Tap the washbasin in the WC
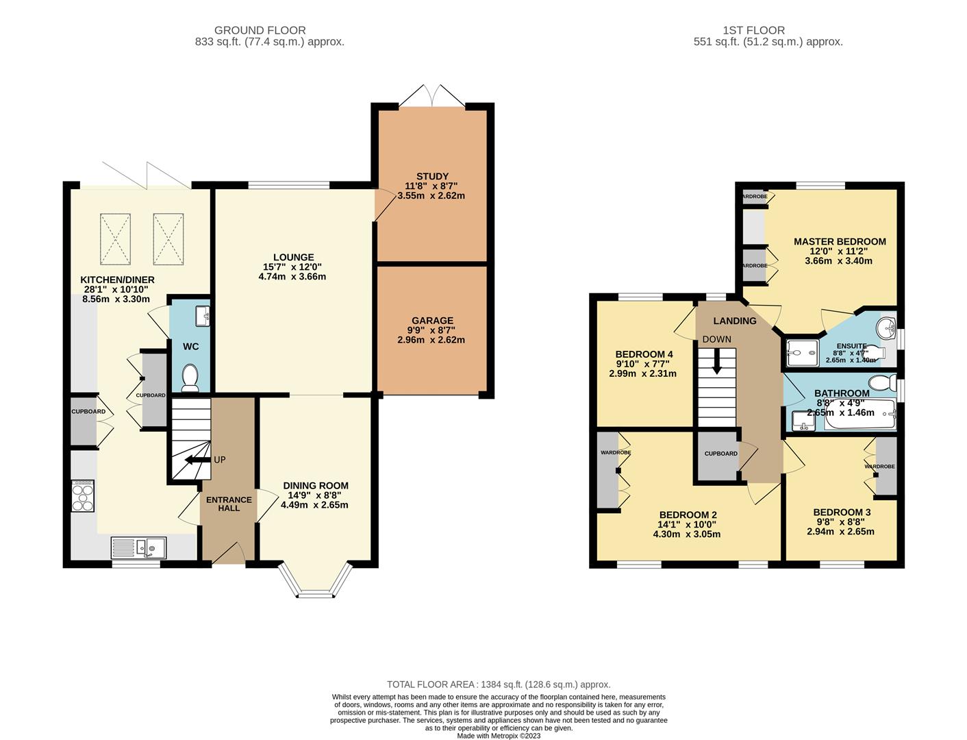click(x=203, y=316)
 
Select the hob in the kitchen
click(x=83, y=495)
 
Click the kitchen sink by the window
click(x=139, y=547)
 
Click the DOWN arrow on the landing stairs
click(x=716, y=362)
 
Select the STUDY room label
click(x=431, y=177)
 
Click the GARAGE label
click(x=432, y=321)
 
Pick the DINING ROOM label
click(x=315, y=486)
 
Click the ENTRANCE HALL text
click(x=229, y=504)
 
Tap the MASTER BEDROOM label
click(x=840, y=242)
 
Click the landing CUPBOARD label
click(x=721, y=454)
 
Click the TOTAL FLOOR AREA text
click(x=498, y=684)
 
